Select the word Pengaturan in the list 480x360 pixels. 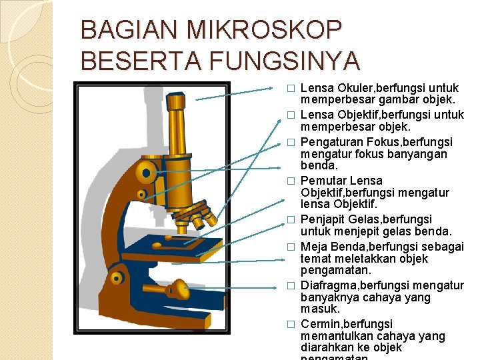tap(331, 142)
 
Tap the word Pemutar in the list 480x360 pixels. tap(323, 181)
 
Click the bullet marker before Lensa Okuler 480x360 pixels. tap(291, 89)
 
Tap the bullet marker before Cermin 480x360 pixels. tap(291, 325)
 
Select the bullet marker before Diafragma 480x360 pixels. tap(291, 286)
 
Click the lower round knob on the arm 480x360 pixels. tap(117, 276)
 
